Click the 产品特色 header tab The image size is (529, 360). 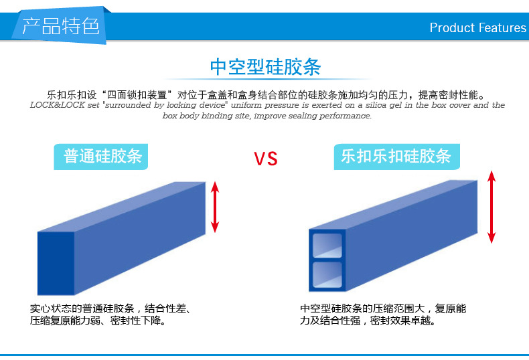point(60,25)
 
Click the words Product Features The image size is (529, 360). point(477,27)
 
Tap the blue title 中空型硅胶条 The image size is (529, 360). point(265,67)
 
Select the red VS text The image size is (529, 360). point(266,159)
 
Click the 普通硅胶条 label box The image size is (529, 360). point(101,157)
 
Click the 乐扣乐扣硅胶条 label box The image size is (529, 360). point(396,157)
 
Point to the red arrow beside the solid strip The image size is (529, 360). point(215,207)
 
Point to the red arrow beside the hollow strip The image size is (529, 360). point(492,207)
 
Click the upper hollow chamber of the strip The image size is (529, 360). point(327,246)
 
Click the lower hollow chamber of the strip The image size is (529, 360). point(327,275)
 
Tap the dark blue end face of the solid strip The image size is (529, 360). point(56,263)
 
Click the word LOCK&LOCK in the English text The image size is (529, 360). point(58,105)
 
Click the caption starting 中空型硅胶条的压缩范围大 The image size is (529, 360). point(383,314)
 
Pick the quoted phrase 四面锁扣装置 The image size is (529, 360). point(137,95)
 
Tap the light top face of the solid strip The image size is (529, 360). point(121,207)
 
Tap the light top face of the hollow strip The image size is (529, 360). point(393,205)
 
